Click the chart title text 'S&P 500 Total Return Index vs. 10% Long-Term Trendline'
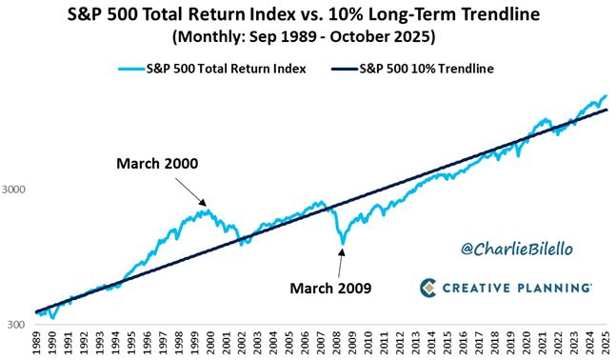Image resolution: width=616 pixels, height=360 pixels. [308, 15]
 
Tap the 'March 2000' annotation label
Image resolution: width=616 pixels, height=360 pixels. [157, 164]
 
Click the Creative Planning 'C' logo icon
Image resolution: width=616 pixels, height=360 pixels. [429, 287]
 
